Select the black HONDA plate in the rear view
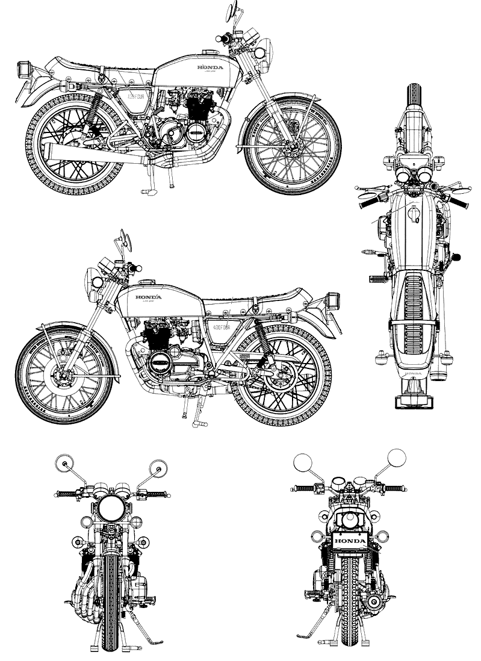(x=350, y=541)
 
